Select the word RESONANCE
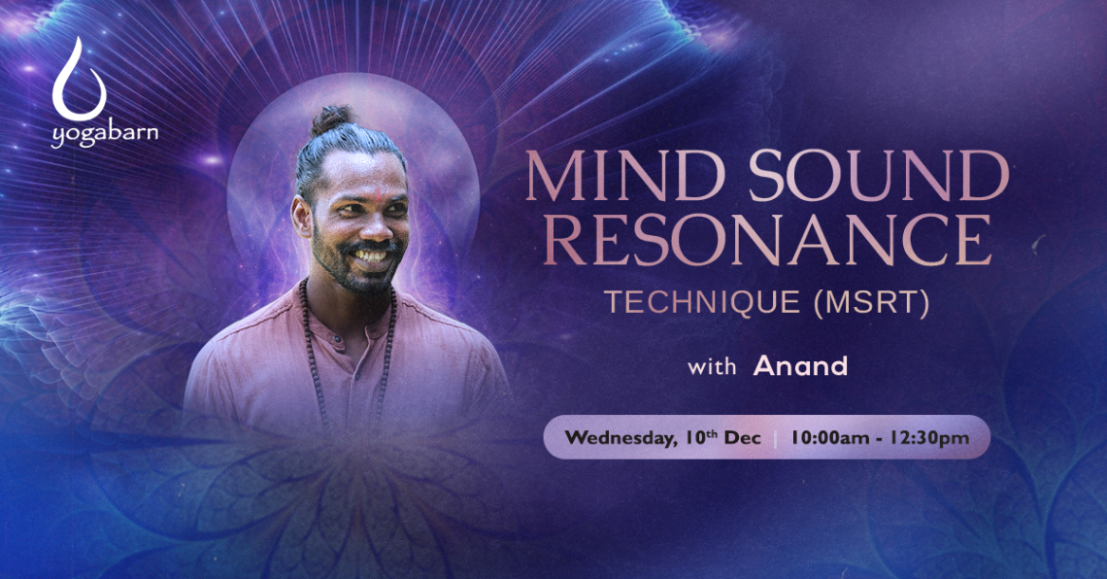click(767, 239)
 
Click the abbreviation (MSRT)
click(871, 302)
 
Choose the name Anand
click(800, 365)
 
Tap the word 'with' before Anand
click(712, 367)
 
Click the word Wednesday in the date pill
click(619, 438)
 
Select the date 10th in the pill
click(701, 437)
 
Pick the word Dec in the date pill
click(743, 438)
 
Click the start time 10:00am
click(829, 438)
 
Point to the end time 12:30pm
click(929, 438)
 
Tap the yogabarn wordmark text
click(105, 134)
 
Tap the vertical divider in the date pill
click(775, 438)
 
